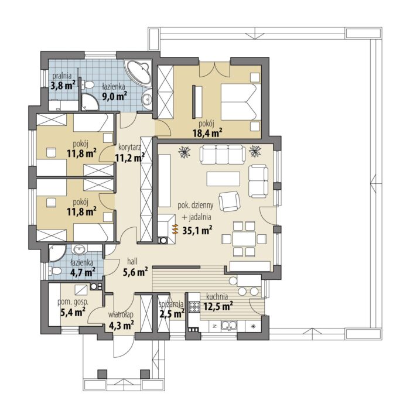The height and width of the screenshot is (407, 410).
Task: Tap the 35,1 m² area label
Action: [197, 231]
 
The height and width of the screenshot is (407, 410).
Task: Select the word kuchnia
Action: [217, 296]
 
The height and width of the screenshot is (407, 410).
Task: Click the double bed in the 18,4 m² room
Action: [241, 102]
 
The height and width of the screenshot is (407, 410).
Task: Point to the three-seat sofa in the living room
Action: [223, 155]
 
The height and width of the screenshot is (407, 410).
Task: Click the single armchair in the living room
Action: [230, 201]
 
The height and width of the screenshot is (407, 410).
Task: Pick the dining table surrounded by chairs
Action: [244, 239]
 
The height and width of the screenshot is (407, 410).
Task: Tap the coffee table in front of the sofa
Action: [223, 179]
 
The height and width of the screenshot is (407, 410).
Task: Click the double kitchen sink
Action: [229, 326]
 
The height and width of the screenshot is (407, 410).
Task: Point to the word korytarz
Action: [129, 147]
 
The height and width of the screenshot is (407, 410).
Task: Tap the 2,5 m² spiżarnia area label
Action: [172, 313]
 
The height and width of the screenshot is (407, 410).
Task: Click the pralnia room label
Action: [62, 76]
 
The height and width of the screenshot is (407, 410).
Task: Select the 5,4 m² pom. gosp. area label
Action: [73, 312]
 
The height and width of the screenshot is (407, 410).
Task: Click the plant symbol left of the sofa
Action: [185, 152]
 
